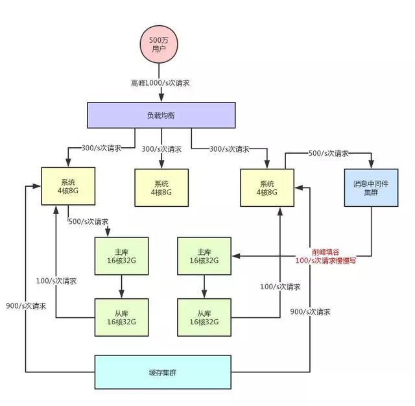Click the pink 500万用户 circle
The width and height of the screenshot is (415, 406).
pyautogui.click(x=159, y=44)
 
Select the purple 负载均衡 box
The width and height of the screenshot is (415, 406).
pyautogui.click(x=161, y=115)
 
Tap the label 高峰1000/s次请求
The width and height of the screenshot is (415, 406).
pyautogui.click(x=160, y=83)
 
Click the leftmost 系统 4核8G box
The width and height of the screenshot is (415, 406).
pyautogui.click(x=68, y=186)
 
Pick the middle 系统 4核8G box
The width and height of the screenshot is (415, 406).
pyautogui.click(x=161, y=187)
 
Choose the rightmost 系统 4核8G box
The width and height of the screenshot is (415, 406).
pyautogui.click(x=267, y=187)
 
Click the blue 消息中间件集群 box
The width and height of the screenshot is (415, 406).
pyautogui.click(x=371, y=187)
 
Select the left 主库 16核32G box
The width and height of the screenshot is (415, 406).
pyautogui.click(x=121, y=256)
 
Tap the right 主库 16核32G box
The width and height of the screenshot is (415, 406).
pyautogui.click(x=204, y=256)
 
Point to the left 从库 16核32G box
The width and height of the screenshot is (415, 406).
pyautogui.click(x=121, y=317)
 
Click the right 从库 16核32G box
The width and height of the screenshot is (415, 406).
pyautogui.click(x=204, y=317)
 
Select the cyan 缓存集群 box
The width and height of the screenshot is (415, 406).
pyautogui.click(x=163, y=372)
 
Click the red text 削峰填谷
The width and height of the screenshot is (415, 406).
pyautogui.click(x=326, y=252)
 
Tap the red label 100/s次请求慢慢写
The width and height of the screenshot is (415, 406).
pyautogui.click(x=326, y=261)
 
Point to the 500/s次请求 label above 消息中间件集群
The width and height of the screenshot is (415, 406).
pyautogui.click(x=329, y=153)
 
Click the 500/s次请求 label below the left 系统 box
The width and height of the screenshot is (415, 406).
pyautogui.click(x=88, y=222)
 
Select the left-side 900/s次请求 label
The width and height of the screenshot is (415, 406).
pyautogui.click(x=26, y=306)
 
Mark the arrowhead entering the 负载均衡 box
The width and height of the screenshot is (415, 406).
pyautogui.click(x=161, y=98)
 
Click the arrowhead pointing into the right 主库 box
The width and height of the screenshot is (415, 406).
pyautogui.click(x=236, y=256)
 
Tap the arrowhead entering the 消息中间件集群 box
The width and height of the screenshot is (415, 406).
pyautogui.click(x=371, y=164)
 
